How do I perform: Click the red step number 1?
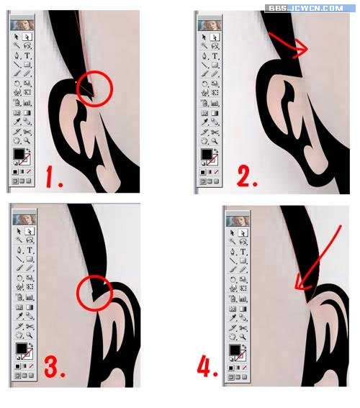coord(54,177)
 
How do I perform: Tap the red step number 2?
coord(247,176)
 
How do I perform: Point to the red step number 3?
coord(55,367)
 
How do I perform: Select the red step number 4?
coord(207,366)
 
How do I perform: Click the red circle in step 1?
coord(77,89)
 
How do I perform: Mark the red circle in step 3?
coord(78,294)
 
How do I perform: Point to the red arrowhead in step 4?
coord(302,284)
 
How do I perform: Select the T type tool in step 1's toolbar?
coord(27,55)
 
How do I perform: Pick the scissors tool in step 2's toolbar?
coord(215,132)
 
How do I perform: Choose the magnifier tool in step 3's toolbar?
coord(29,335)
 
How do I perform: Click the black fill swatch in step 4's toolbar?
coord(235,350)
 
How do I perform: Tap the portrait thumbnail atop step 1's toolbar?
coord(22,25)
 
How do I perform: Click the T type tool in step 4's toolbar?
coord(243,252)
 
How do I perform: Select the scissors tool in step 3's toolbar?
coord(30,326)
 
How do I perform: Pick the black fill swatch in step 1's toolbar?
coord(19,154)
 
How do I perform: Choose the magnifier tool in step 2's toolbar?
coord(215,141)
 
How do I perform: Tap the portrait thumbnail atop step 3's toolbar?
coord(24,219)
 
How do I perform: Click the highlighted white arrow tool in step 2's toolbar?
coord(215,37)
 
